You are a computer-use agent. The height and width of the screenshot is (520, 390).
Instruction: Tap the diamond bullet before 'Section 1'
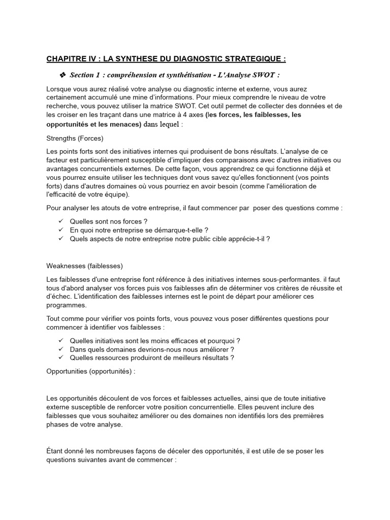[63, 75]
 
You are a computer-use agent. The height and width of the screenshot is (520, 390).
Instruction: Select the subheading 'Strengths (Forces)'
[75, 138]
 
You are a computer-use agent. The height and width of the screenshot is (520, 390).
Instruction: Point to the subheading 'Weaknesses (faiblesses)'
[85, 266]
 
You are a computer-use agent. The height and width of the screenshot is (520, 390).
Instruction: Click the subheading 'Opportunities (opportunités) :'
[91, 371]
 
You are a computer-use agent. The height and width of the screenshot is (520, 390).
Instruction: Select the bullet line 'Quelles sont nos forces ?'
[109, 221]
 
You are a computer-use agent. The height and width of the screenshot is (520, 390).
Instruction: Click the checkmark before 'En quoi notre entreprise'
[60, 230]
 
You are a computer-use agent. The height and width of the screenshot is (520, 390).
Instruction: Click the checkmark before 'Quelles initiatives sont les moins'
[60, 341]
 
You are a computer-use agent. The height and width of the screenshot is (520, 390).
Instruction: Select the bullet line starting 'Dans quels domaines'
[152, 349]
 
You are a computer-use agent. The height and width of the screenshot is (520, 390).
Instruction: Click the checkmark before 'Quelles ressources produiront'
[60, 358]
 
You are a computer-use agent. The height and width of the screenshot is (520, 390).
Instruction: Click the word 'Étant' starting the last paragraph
[55, 451]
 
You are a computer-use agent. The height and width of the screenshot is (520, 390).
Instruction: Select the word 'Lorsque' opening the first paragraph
[59, 89]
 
